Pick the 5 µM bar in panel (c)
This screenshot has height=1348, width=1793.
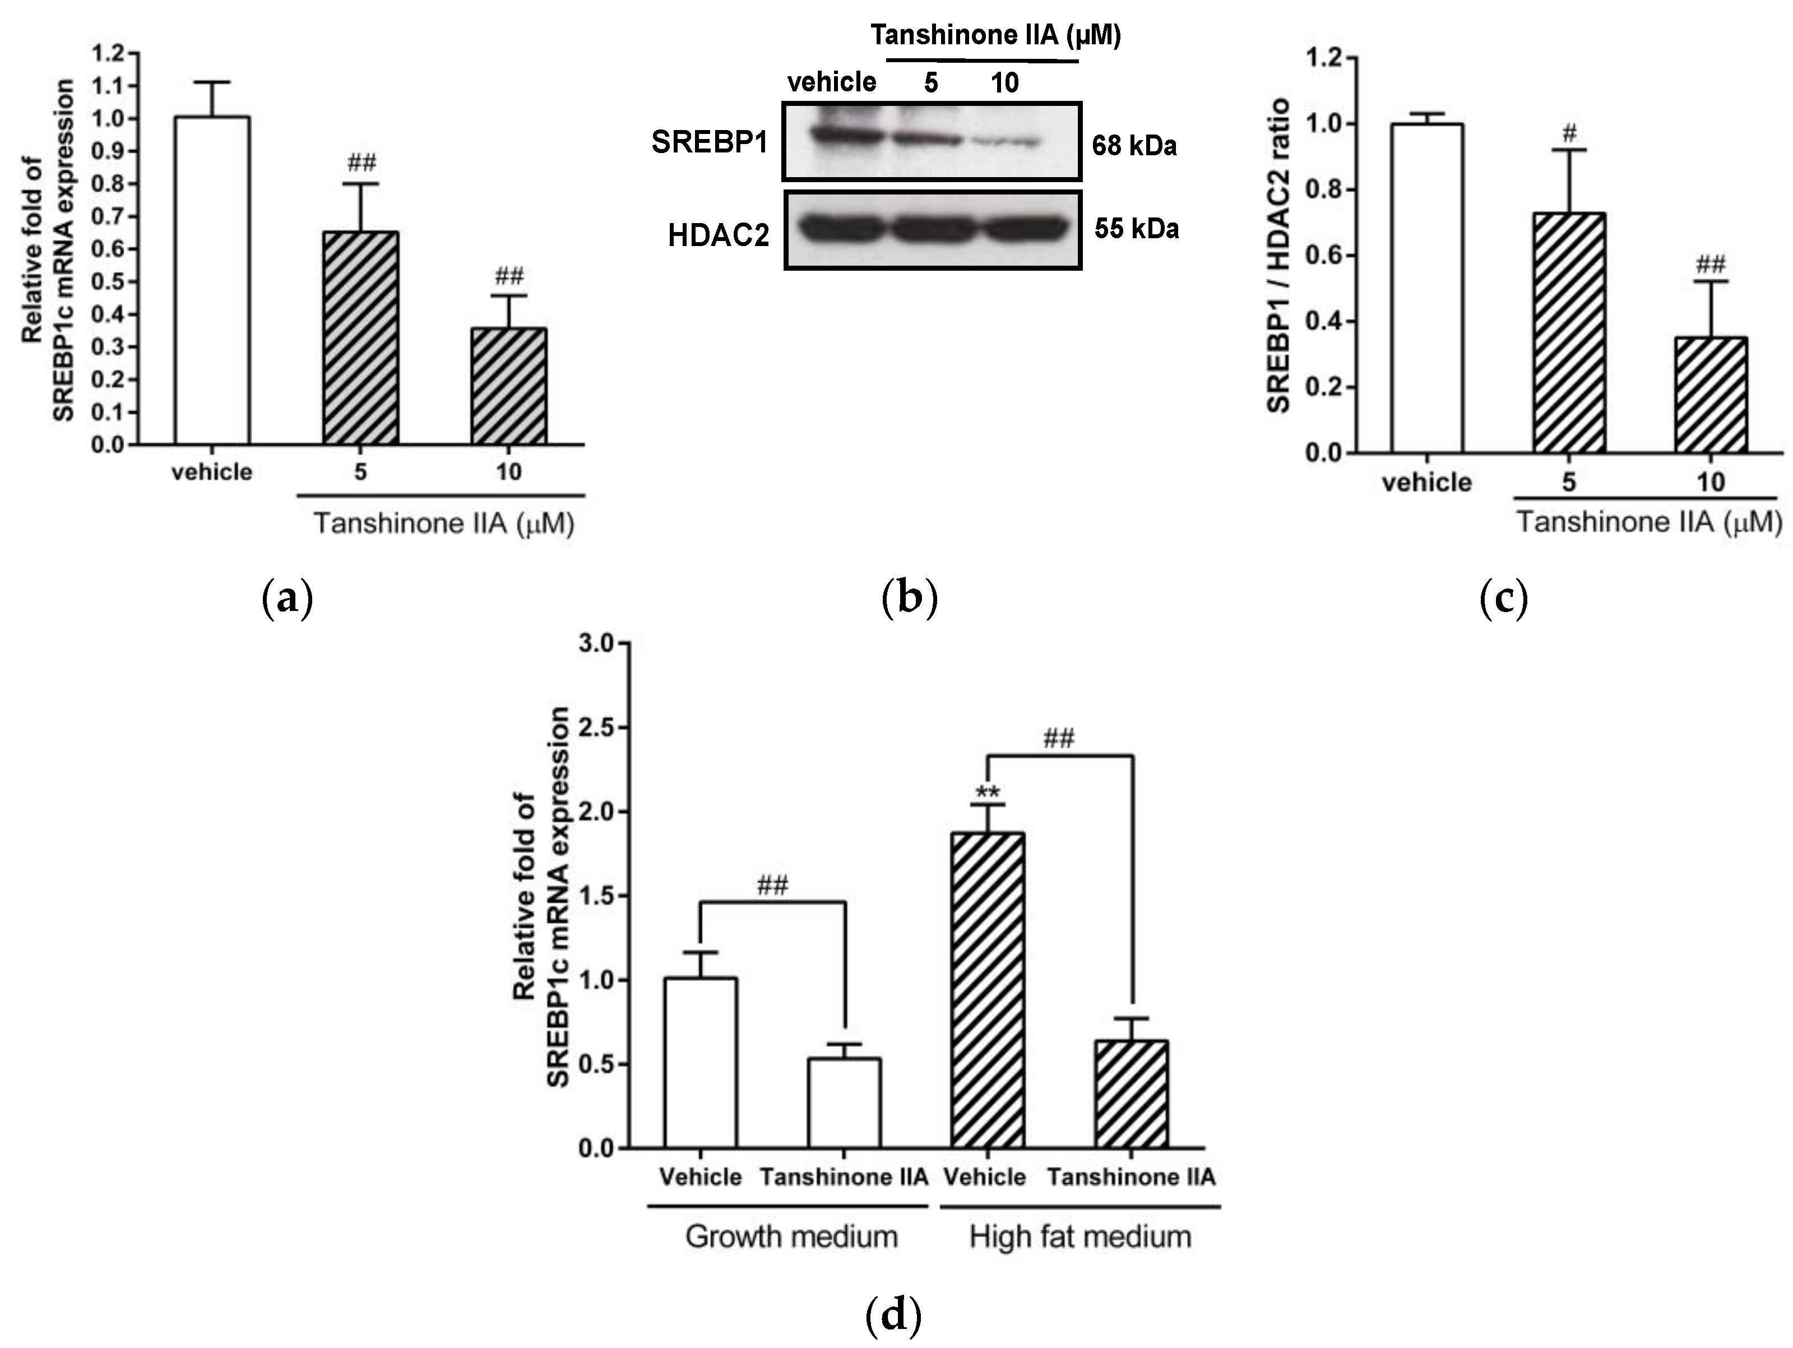click(1568, 332)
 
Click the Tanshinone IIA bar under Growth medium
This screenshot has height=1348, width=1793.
click(844, 1103)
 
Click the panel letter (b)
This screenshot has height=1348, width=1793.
click(909, 597)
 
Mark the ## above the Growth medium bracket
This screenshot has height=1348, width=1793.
click(772, 885)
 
